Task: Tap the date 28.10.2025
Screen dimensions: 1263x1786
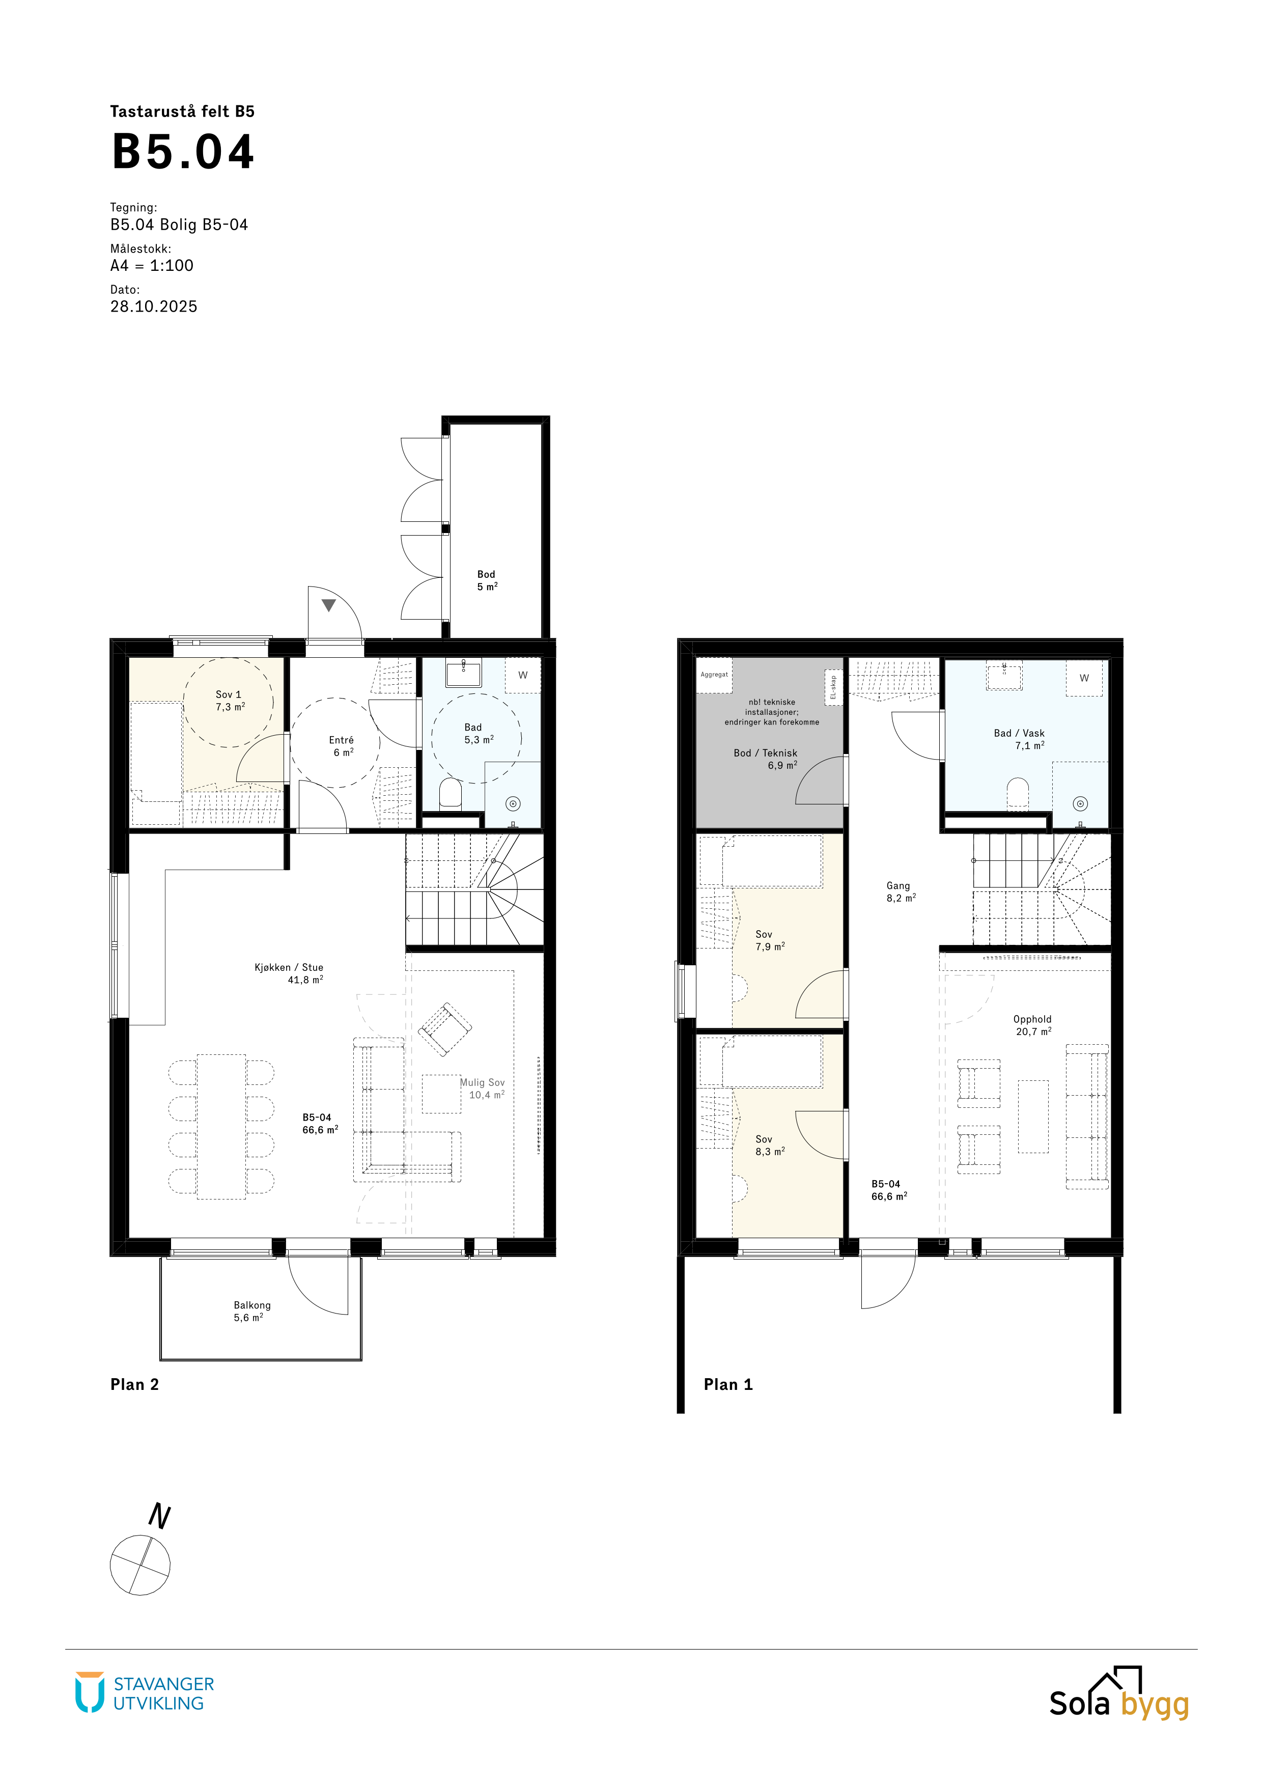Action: pyautogui.click(x=154, y=306)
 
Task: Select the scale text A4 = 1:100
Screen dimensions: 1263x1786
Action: pyautogui.click(x=152, y=265)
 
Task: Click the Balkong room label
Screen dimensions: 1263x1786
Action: pyautogui.click(x=252, y=1305)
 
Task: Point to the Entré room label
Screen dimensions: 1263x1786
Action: pyautogui.click(x=342, y=740)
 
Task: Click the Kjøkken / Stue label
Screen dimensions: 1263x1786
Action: pyautogui.click(x=289, y=968)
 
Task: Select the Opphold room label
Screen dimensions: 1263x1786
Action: pyautogui.click(x=1032, y=1019)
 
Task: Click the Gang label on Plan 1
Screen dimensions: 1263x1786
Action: pyautogui.click(x=899, y=885)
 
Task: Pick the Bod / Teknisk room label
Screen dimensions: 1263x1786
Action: pyautogui.click(x=765, y=753)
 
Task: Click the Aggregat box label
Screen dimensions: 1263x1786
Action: pyautogui.click(x=714, y=675)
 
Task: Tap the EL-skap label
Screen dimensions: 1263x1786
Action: pyautogui.click(x=833, y=687)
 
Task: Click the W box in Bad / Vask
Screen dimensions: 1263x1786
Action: pyautogui.click(x=1084, y=678)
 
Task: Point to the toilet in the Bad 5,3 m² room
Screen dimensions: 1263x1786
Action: pyautogui.click(x=451, y=793)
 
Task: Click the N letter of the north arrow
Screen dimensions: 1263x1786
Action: pyautogui.click(x=159, y=1516)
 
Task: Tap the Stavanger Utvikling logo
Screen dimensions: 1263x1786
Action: pyautogui.click(x=145, y=1693)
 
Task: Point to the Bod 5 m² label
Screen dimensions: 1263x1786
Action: pyautogui.click(x=487, y=580)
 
